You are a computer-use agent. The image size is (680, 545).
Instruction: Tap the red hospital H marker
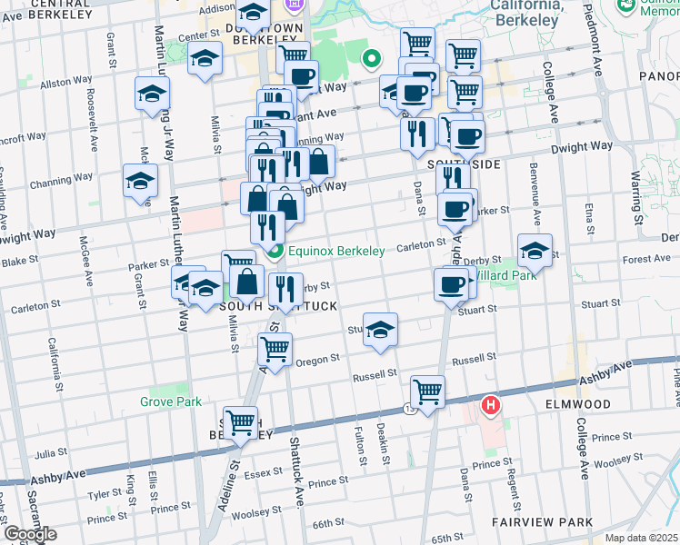pos(492,404)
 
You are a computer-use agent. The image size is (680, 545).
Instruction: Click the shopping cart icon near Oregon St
pos(275,348)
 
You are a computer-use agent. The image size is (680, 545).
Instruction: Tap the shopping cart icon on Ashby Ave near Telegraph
pos(427,391)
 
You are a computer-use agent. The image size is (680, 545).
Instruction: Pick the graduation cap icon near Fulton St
pos(380,328)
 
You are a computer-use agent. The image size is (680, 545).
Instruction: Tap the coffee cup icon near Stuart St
pos(450,285)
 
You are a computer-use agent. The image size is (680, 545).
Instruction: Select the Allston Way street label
pos(55,82)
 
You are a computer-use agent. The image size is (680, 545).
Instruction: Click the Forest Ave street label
pos(647,259)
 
